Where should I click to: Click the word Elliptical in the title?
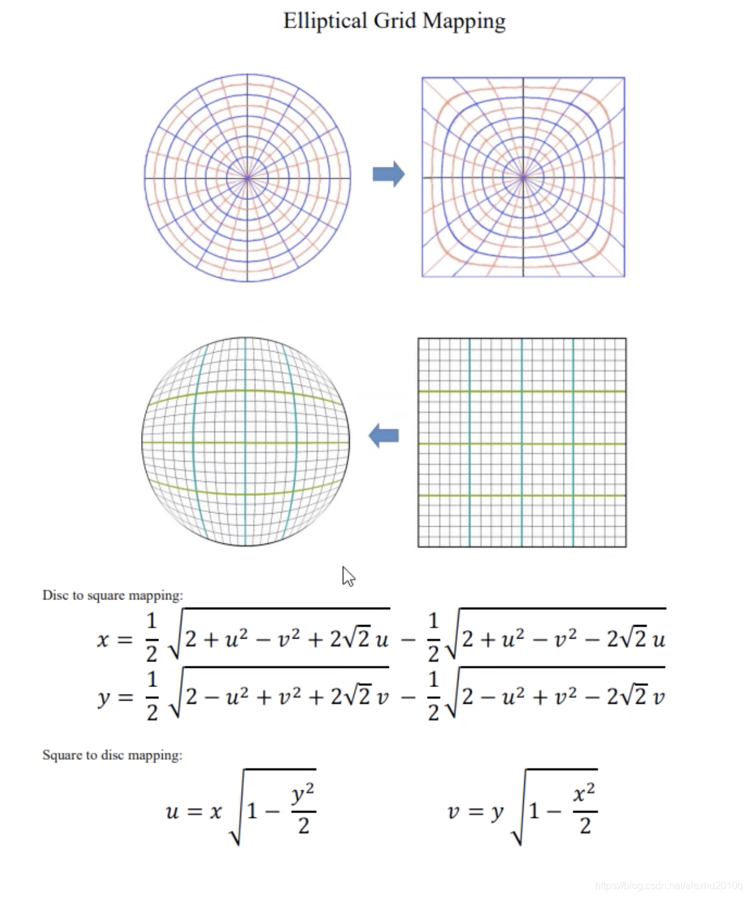(325, 21)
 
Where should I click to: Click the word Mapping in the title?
(464, 21)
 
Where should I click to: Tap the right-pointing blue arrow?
(388, 174)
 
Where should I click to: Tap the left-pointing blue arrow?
(383, 435)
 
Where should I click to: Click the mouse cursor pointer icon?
(348, 576)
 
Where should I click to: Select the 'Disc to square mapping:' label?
(112, 595)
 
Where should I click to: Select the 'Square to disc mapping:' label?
(112, 755)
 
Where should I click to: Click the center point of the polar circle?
(247, 178)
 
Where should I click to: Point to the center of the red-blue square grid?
(523, 178)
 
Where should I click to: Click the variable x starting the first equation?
(103, 639)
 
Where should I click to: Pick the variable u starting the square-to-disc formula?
(173, 811)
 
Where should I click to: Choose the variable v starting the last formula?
(454, 811)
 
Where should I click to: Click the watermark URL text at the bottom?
(668, 886)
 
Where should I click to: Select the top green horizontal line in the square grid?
(522, 391)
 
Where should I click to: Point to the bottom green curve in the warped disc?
(245, 494)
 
